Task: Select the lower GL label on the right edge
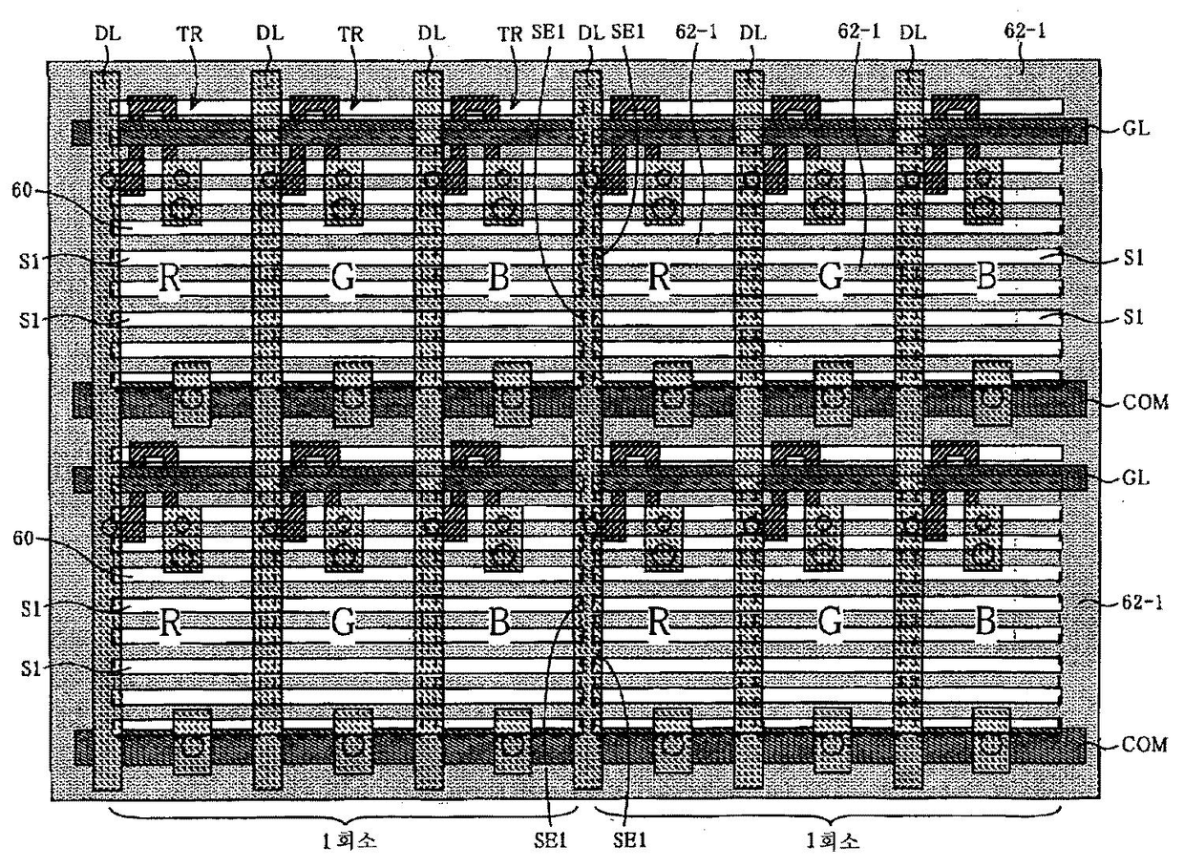pos(1135,476)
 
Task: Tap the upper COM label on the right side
pos(1145,401)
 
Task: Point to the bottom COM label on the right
pos(1145,745)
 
